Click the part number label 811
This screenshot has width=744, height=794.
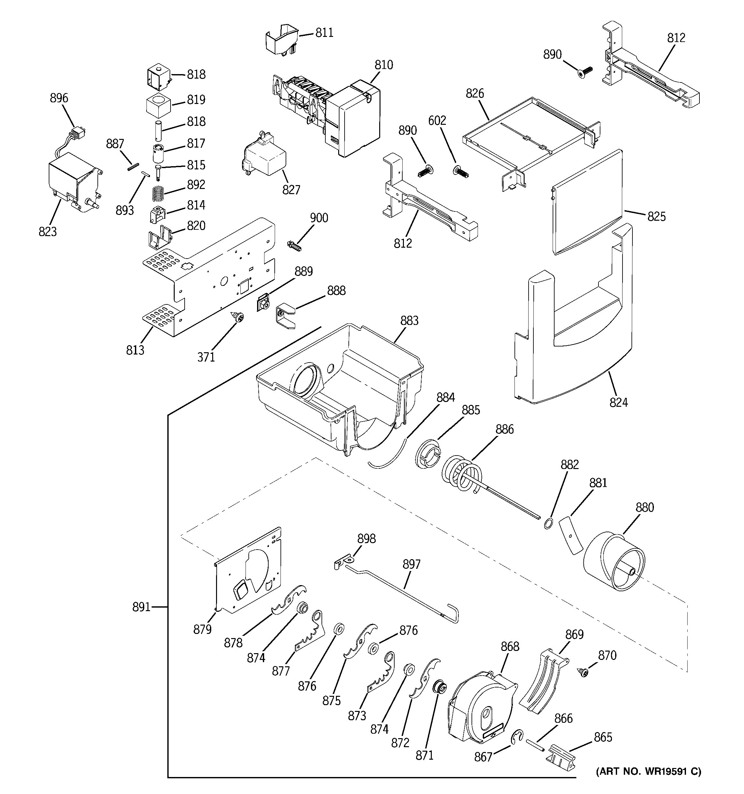coord(324,33)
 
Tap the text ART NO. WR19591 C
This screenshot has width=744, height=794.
coord(648,772)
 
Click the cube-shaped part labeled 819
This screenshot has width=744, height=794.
coord(158,105)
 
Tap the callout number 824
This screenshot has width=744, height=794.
coord(618,402)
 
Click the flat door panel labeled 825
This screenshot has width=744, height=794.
coord(587,202)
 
